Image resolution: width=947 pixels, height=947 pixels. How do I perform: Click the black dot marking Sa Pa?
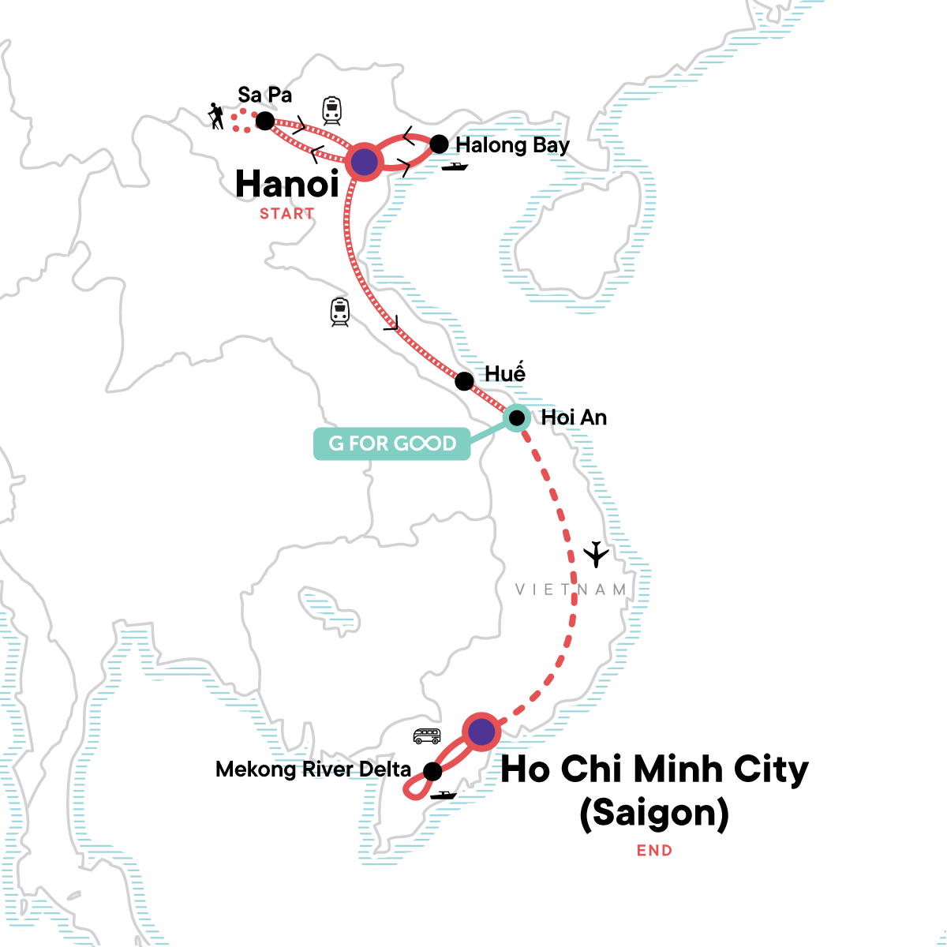coord(265,121)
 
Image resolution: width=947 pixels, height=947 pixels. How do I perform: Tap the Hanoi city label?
coord(287,184)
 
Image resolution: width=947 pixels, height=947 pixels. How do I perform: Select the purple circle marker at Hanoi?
coord(364,163)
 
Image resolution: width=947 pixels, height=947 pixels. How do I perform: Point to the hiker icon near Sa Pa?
coord(215,117)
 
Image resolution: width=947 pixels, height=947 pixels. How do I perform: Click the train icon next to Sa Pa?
coord(331,110)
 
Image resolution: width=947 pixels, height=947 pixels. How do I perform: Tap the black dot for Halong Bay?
coord(439,144)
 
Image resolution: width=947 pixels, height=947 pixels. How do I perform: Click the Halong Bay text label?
coord(512,145)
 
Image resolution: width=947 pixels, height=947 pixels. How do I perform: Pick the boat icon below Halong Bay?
coord(455,167)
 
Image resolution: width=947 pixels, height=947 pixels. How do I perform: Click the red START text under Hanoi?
coord(287,213)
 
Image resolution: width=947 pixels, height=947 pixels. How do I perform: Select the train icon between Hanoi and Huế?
coord(339,312)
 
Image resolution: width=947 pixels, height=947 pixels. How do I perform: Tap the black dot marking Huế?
coord(465,381)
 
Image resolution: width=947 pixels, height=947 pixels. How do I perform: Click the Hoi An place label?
coord(574,417)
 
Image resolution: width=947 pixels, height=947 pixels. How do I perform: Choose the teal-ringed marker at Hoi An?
coord(516,417)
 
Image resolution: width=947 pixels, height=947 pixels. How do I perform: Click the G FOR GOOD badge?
coord(392,444)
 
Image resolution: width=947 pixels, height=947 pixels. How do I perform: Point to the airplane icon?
coord(597,554)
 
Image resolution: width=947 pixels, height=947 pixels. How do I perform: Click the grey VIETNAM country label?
coord(571,590)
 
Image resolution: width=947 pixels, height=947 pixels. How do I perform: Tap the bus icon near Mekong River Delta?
coord(427,736)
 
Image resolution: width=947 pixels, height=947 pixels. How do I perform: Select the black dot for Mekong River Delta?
coord(432,771)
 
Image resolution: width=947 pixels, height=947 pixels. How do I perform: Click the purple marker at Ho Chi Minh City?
coord(481,732)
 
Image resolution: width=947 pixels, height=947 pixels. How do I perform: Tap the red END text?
coord(655,850)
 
